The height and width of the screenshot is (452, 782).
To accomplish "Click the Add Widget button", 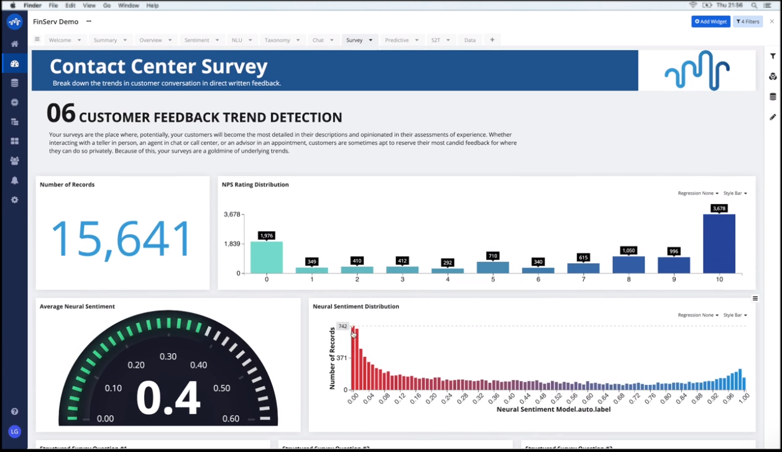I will tap(711, 22).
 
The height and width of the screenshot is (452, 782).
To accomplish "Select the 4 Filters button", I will tap(748, 22).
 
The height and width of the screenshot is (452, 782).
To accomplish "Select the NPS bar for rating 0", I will tap(267, 257).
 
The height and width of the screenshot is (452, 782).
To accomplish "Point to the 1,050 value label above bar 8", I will tap(628, 251).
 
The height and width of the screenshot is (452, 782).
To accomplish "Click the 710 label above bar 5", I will tap(493, 256).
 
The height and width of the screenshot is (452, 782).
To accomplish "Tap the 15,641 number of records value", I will tap(121, 238).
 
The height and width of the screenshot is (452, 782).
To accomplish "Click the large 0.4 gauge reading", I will tap(168, 397).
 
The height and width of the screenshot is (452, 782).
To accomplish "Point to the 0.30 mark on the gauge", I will tap(168, 356).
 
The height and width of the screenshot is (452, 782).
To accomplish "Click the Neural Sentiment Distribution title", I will tap(356, 307).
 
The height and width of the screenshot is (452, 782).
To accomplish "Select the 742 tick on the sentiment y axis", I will tap(343, 326).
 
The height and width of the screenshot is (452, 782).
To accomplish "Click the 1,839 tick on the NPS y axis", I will tap(232, 244).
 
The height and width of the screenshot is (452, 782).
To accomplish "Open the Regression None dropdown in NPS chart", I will tap(698, 193).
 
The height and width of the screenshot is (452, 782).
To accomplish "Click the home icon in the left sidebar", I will tap(14, 44).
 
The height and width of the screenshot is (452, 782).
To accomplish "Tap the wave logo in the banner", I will tap(697, 70).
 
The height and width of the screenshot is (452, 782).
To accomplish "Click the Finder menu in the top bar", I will tap(32, 6).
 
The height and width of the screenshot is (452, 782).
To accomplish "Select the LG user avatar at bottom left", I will tap(14, 431).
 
